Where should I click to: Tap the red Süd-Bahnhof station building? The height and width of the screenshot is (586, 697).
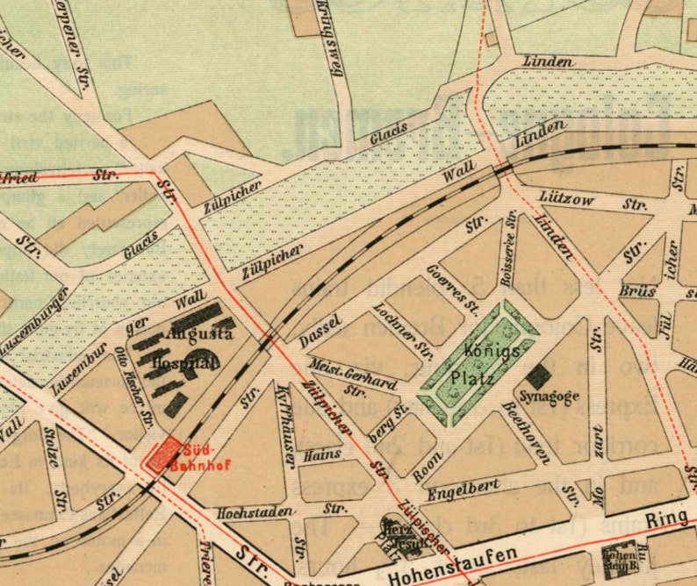click(x=162, y=455)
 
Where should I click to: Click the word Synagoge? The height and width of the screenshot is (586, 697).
click(x=551, y=397)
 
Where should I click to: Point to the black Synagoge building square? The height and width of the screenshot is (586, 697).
click(x=538, y=376)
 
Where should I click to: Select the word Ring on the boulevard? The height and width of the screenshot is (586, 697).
click(x=670, y=518)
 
